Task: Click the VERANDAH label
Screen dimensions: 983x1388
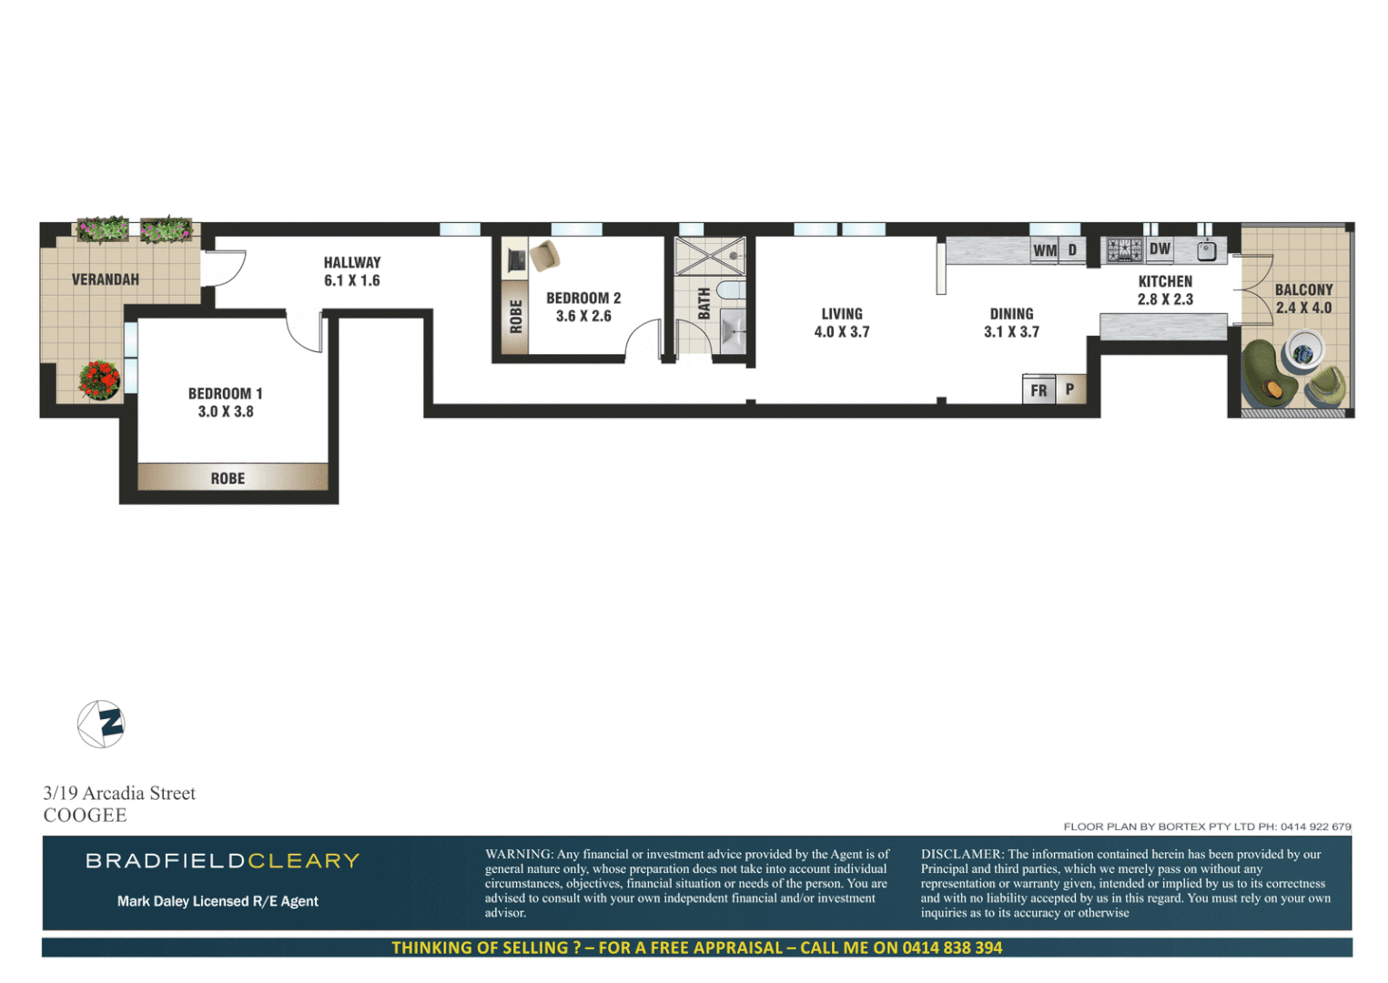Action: tap(106, 279)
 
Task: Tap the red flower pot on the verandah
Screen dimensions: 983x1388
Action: tap(99, 380)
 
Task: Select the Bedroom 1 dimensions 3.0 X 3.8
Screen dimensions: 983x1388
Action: tap(226, 412)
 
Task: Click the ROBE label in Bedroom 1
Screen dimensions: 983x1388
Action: tap(228, 479)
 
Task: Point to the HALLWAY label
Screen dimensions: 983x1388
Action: tap(352, 262)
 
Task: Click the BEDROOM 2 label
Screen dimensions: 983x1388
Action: tap(583, 299)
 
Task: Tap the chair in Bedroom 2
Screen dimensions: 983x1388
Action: tap(545, 256)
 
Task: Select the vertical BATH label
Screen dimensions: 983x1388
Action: tap(704, 303)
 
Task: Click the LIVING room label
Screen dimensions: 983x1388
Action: tap(842, 314)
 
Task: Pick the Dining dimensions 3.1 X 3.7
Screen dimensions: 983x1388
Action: tap(1011, 332)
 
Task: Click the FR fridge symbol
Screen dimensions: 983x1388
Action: tap(1038, 390)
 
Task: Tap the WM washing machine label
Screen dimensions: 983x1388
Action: tap(1045, 250)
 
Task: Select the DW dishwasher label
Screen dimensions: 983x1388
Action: tap(1160, 248)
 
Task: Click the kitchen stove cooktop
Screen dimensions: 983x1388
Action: tap(1124, 249)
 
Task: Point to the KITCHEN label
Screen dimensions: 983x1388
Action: tap(1165, 281)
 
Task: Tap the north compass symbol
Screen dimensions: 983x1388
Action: tap(101, 725)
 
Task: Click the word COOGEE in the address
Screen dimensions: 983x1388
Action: tap(86, 816)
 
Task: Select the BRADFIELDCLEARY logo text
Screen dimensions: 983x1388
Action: tap(223, 861)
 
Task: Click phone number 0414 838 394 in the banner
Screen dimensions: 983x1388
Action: tap(952, 948)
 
